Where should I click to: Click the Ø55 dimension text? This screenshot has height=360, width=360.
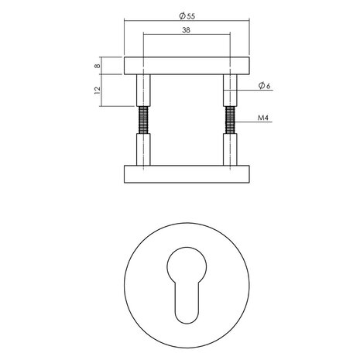click(x=186, y=15)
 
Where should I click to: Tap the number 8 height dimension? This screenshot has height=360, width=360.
click(x=97, y=65)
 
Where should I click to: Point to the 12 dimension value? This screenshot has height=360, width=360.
click(x=97, y=91)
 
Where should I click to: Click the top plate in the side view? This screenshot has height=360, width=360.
click(x=186, y=65)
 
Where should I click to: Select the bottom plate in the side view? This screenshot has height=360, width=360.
click(x=186, y=174)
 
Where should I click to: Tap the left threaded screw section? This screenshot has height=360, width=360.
click(x=142, y=120)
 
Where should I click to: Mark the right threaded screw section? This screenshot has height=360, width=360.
click(x=229, y=120)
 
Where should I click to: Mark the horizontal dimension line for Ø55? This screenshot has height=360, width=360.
click(x=155, y=21)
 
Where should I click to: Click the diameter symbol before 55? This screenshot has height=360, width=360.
click(x=179, y=15)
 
